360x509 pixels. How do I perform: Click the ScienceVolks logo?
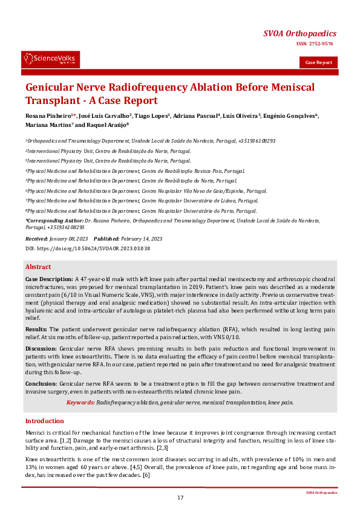click(50, 59)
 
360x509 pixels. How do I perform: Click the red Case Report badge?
click(318, 62)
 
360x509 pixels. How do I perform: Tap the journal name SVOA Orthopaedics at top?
click(300, 33)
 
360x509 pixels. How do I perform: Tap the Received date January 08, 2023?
click(70, 240)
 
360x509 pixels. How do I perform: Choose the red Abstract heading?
click(38, 267)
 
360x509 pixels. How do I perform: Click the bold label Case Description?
click(49, 279)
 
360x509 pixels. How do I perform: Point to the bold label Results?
click(36, 329)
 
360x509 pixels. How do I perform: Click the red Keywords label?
click(80, 402)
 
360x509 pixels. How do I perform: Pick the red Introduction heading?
click(44, 421)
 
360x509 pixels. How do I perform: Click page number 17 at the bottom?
click(180, 498)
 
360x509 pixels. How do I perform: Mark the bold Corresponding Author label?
click(54, 221)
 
